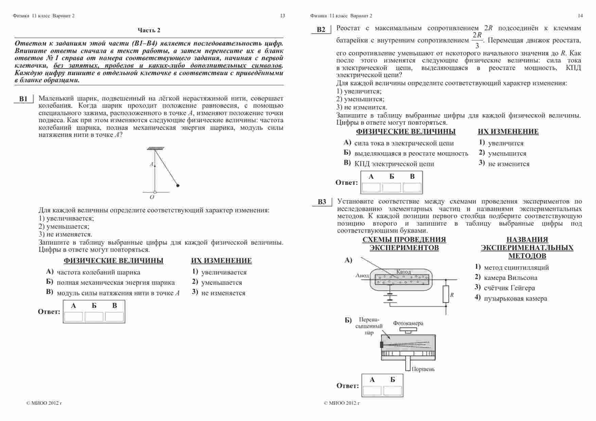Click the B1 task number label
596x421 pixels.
pyautogui.click(x=23, y=99)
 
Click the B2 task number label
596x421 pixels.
pyautogui.click(x=321, y=30)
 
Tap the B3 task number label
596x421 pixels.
pyautogui.click(x=322, y=202)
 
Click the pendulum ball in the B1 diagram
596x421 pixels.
pyautogui.click(x=178, y=186)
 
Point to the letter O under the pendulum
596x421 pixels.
pyautogui.click(x=152, y=197)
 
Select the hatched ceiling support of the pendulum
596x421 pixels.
pyautogui.click(x=155, y=148)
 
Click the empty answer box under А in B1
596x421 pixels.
pyautogui.click(x=73, y=317)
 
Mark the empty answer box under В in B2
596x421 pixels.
pyautogui.click(x=412, y=188)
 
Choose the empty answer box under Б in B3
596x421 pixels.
pyautogui.click(x=392, y=391)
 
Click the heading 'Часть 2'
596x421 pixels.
pyautogui.click(x=149, y=30)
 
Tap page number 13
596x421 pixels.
pyautogui.click(x=282, y=16)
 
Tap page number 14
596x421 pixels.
pyautogui.click(x=580, y=16)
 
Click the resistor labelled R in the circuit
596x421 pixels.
pyautogui.click(x=446, y=294)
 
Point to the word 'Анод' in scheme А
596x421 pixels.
pyautogui.click(x=362, y=275)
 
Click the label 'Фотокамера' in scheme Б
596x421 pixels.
pyautogui.click(x=408, y=323)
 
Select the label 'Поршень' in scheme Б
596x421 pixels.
pyautogui.click(x=423, y=369)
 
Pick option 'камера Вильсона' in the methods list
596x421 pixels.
pyautogui.click(x=510, y=278)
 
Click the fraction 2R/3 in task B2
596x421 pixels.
pyautogui.click(x=477, y=40)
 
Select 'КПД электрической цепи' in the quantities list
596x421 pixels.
pyautogui.click(x=394, y=164)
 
